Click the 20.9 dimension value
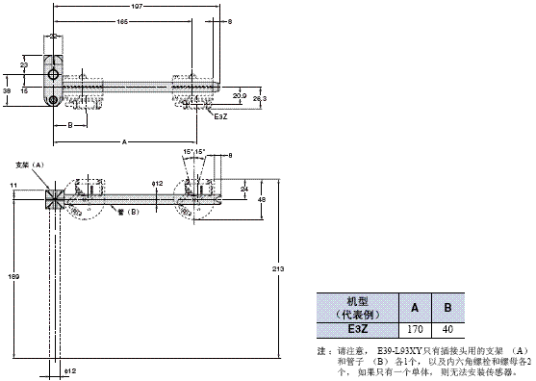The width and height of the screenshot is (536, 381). (x=240, y=94)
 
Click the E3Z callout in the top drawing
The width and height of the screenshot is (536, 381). (x=220, y=116)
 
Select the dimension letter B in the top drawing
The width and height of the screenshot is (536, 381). (x=69, y=125)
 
